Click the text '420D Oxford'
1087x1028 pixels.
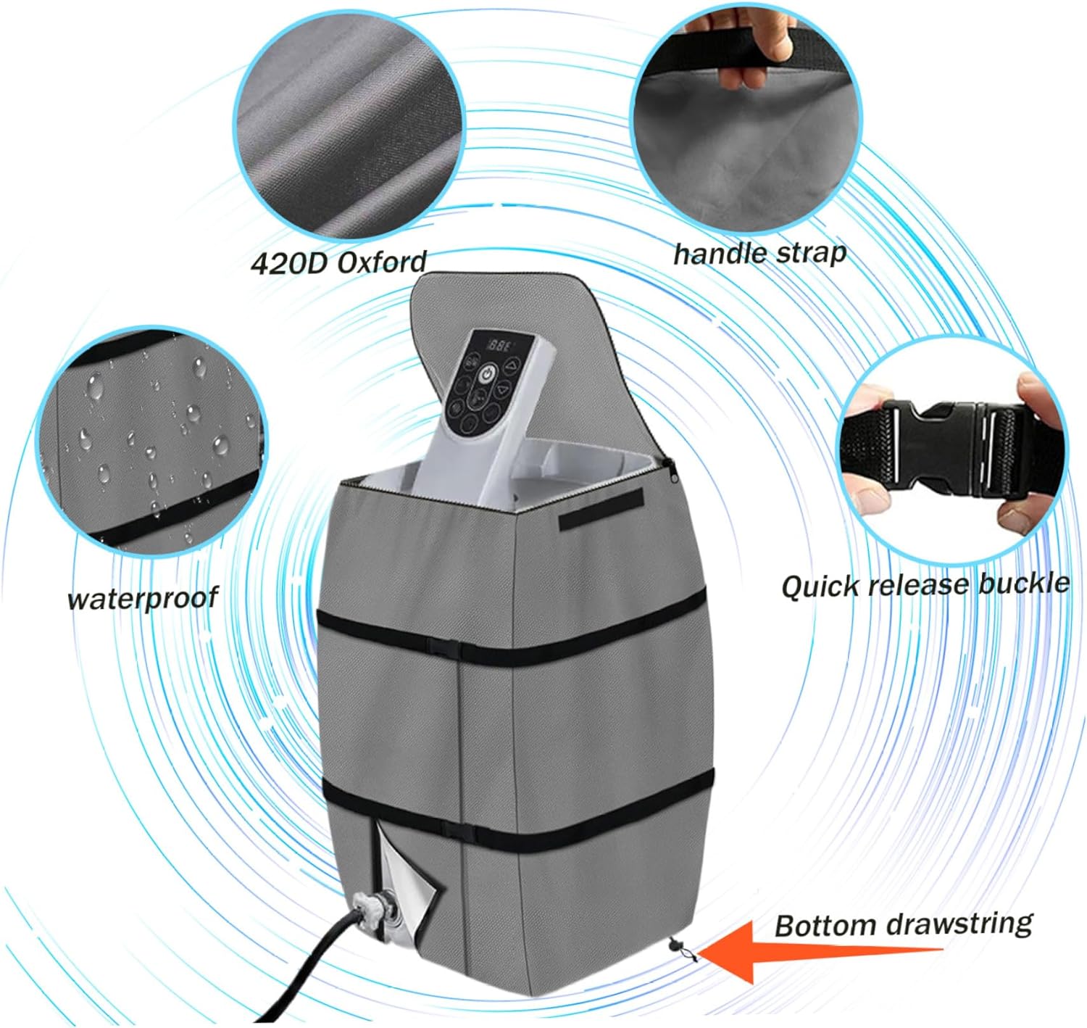click(x=339, y=262)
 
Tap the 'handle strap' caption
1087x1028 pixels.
click(x=759, y=254)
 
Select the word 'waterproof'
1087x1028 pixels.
click(x=143, y=599)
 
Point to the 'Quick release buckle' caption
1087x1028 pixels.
click(x=925, y=585)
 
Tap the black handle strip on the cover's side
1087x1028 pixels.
click(x=601, y=509)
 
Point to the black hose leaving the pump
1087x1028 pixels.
click(x=309, y=969)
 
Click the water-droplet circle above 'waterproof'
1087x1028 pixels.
click(x=151, y=441)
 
